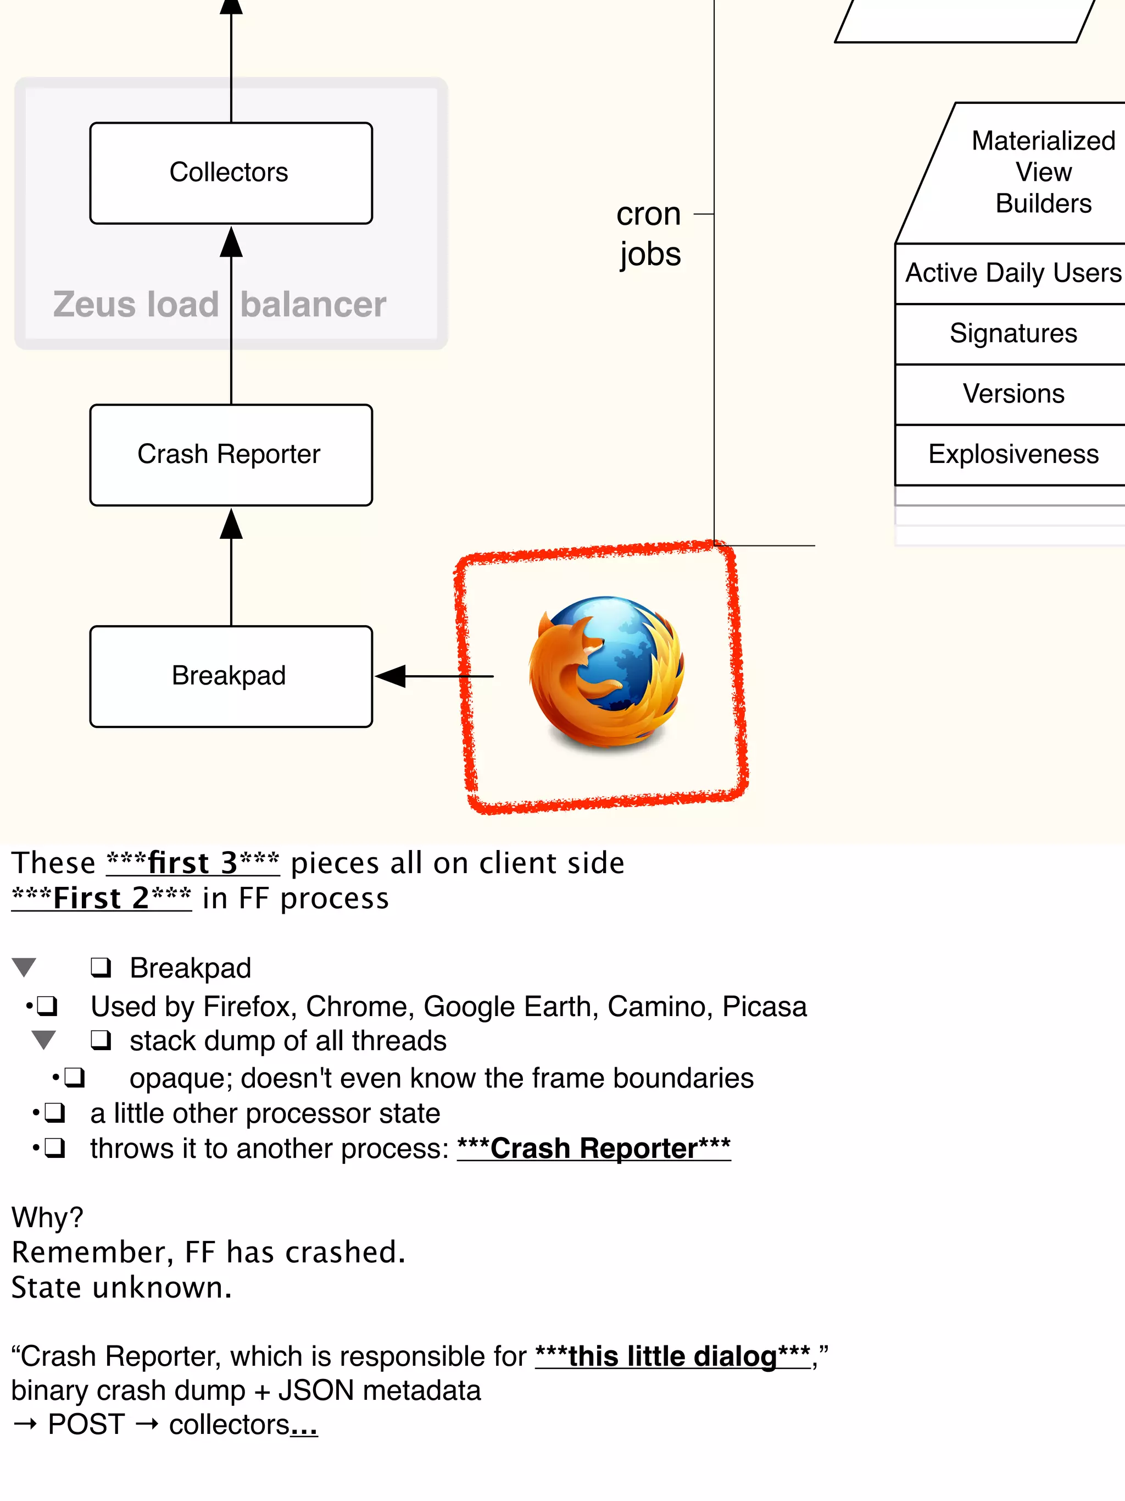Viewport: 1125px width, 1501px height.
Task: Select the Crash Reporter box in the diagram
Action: pyautogui.click(x=231, y=455)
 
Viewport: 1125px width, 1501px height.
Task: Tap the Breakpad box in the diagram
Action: pyautogui.click(x=231, y=676)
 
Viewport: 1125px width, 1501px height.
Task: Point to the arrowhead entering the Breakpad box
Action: pyautogui.click(x=391, y=676)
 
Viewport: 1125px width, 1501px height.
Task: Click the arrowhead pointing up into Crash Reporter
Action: pyautogui.click(x=231, y=524)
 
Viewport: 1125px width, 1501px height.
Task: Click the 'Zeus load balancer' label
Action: pyautogui.click(x=219, y=304)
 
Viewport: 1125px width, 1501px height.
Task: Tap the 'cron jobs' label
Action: pyautogui.click(x=649, y=234)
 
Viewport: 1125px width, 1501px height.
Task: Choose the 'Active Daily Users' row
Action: pyautogui.click(x=1012, y=273)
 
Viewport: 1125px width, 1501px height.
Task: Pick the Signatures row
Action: pyautogui.click(x=1012, y=333)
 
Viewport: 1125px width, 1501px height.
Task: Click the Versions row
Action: pyautogui.click(x=1012, y=394)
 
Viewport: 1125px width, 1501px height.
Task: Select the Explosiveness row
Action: pyautogui.click(x=1012, y=454)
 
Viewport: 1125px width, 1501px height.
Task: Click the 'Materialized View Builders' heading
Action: pyautogui.click(x=1043, y=172)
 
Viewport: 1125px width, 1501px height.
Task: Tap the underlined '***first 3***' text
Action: pyautogui.click(x=193, y=863)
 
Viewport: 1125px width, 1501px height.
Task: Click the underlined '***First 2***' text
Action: pyautogui.click(x=102, y=898)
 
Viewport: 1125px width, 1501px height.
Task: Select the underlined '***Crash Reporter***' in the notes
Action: pyautogui.click(x=593, y=1149)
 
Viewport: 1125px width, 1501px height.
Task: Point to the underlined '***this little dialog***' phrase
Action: pyautogui.click(x=673, y=1356)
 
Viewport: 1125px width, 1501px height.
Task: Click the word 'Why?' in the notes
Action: pyautogui.click(x=47, y=1217)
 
